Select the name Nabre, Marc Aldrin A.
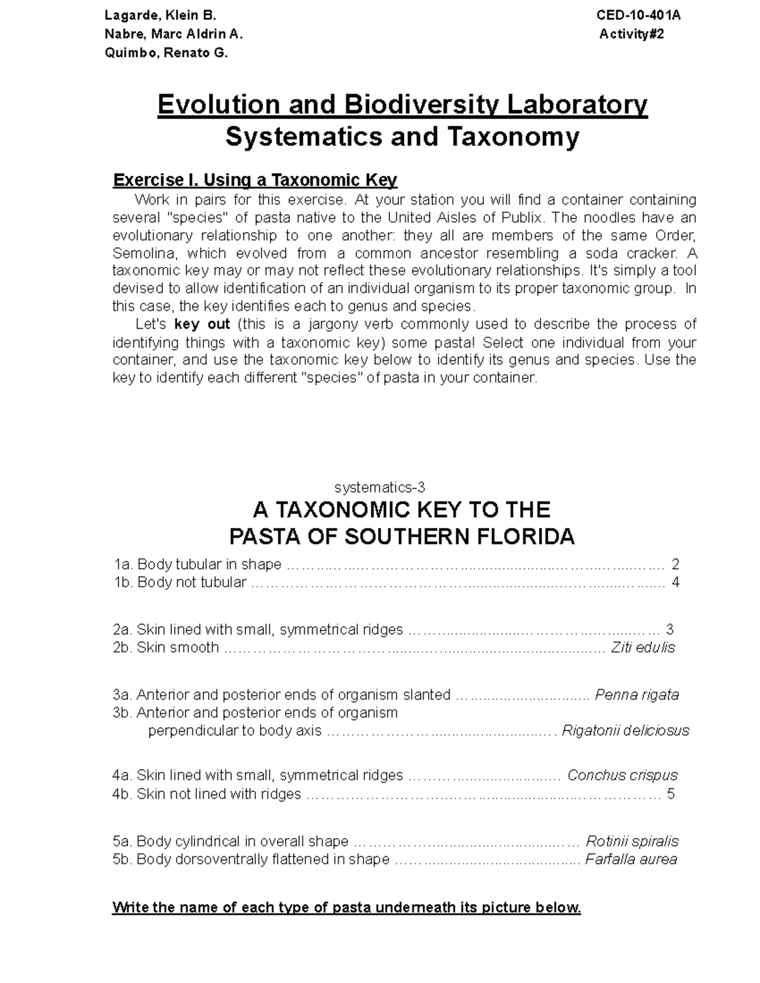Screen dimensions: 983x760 (173, 34)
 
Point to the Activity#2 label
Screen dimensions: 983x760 (631, 34)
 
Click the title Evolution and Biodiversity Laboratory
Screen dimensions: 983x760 (402, 104)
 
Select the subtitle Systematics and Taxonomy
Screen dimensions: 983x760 (402, 137)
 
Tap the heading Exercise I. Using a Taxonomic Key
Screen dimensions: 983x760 (255, 180)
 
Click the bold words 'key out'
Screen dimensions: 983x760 (201, 325)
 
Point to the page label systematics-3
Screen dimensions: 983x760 (379, 487)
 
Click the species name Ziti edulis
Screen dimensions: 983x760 (642, 648)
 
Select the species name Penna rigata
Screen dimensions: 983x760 (636, 695)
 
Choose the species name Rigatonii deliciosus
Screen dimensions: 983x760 (625, 731)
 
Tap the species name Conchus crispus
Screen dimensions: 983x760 (622, 775)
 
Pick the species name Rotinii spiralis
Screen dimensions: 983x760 (631, 841)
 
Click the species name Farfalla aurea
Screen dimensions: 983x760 (631, 860)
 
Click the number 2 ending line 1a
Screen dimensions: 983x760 (675, 564)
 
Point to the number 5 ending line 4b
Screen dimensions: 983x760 (671, 794)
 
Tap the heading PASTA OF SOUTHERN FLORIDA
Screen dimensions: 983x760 (402, 537)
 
